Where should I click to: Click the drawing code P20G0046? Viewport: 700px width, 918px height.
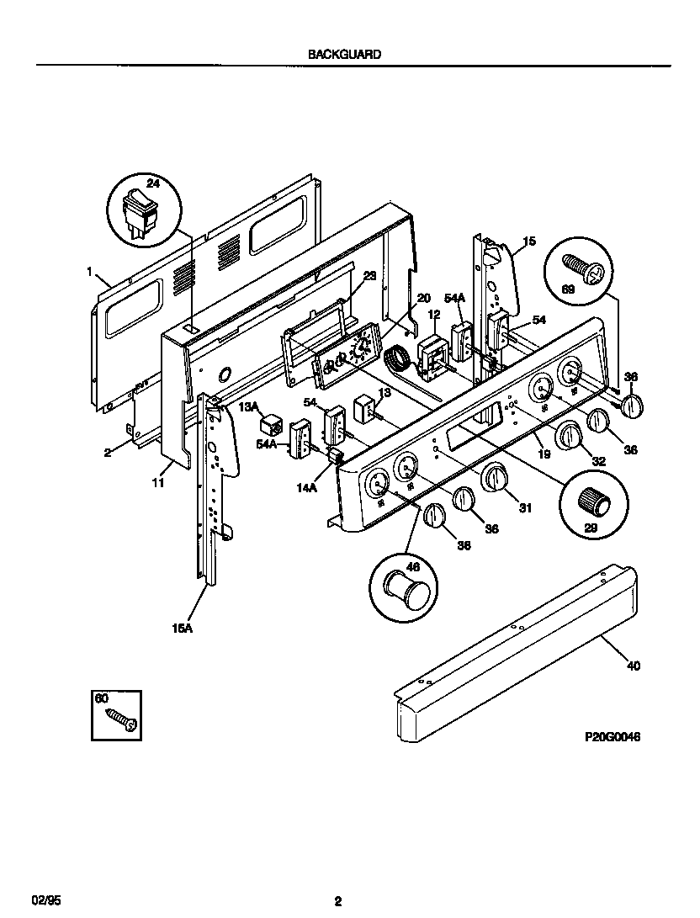pyautogui.click(x=612, y=735)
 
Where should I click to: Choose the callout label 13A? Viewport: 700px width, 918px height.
pyautogui.click(x=248, y=406)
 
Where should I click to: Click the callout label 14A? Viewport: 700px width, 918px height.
pyautogui.click(x=306, y=486)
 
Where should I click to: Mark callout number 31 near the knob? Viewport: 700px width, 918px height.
pyautogui.click(x=526, y=507)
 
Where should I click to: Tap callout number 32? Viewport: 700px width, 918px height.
pyautogui.click(x=599, y=460)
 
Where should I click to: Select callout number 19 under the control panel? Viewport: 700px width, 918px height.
pyautogui.click(x=544, y=454)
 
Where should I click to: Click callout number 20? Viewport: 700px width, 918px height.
pyautogui.click(x=423, y=298)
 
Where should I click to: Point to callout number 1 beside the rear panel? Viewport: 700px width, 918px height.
pyautogui.click(x=89, y=272)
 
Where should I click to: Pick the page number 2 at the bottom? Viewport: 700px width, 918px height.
pyautogui.click(x=338, y=900)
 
